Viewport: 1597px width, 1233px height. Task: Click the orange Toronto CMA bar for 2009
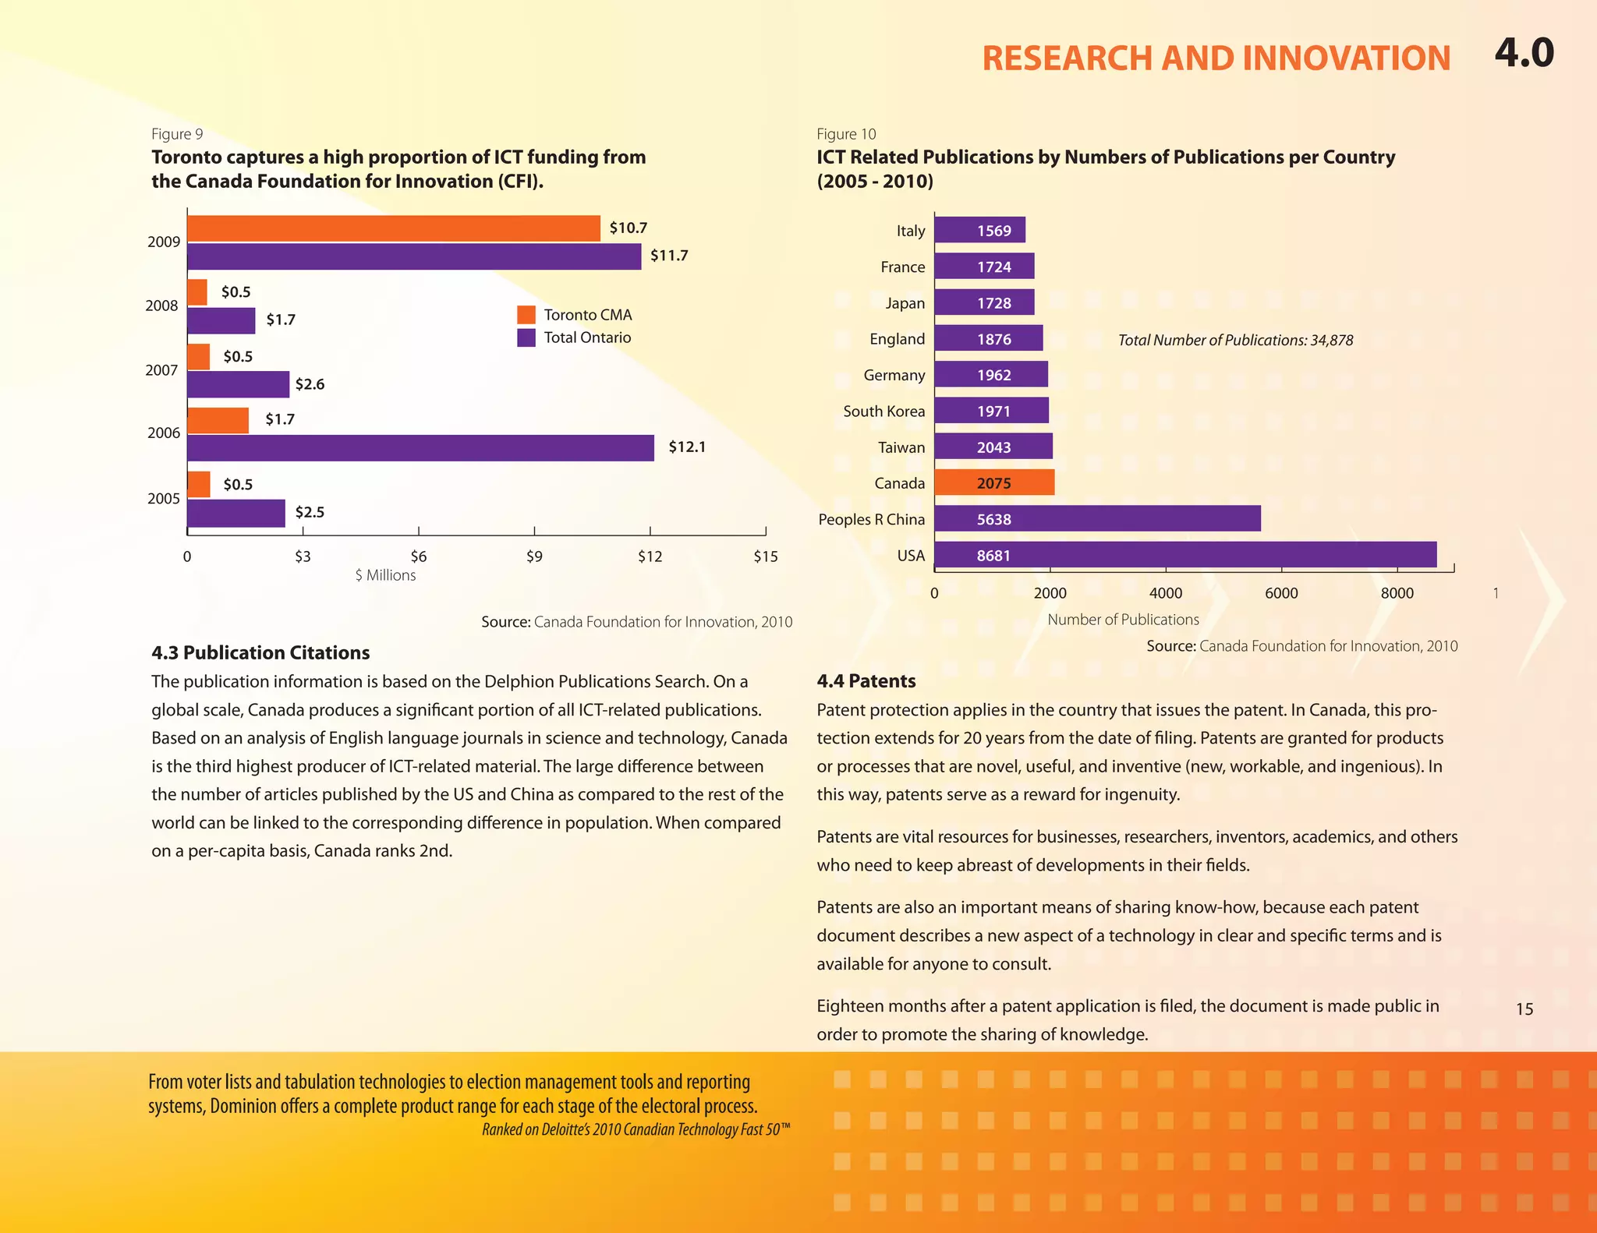coord(394,228)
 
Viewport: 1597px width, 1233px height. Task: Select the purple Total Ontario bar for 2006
coord(420,448)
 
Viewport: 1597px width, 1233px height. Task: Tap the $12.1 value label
coord(687,447)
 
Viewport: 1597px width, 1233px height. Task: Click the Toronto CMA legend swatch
coord(526,315)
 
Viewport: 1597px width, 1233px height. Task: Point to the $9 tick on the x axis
coord(534,556)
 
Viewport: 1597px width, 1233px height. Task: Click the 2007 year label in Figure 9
coord(161,370)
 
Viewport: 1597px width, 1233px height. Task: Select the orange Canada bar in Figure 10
coord(994,483)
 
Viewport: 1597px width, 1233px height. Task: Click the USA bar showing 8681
coord(1185,555)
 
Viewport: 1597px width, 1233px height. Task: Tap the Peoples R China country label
coord(871,519)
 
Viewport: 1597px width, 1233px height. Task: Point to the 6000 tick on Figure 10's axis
coord(1281,593)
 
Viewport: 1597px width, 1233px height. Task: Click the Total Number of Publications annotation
coord(1235,340)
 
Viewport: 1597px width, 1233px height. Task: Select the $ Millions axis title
coord(385,575)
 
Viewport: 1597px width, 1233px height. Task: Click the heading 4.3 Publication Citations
coord(260,653)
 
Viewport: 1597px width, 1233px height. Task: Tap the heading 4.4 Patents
coord(866,681)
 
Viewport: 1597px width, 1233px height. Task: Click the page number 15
coord(1524,1009)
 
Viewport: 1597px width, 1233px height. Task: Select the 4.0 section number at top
coord(1524,53)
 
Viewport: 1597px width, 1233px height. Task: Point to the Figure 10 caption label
coord(846,134)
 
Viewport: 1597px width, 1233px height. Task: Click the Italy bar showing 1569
coord(979,230)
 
